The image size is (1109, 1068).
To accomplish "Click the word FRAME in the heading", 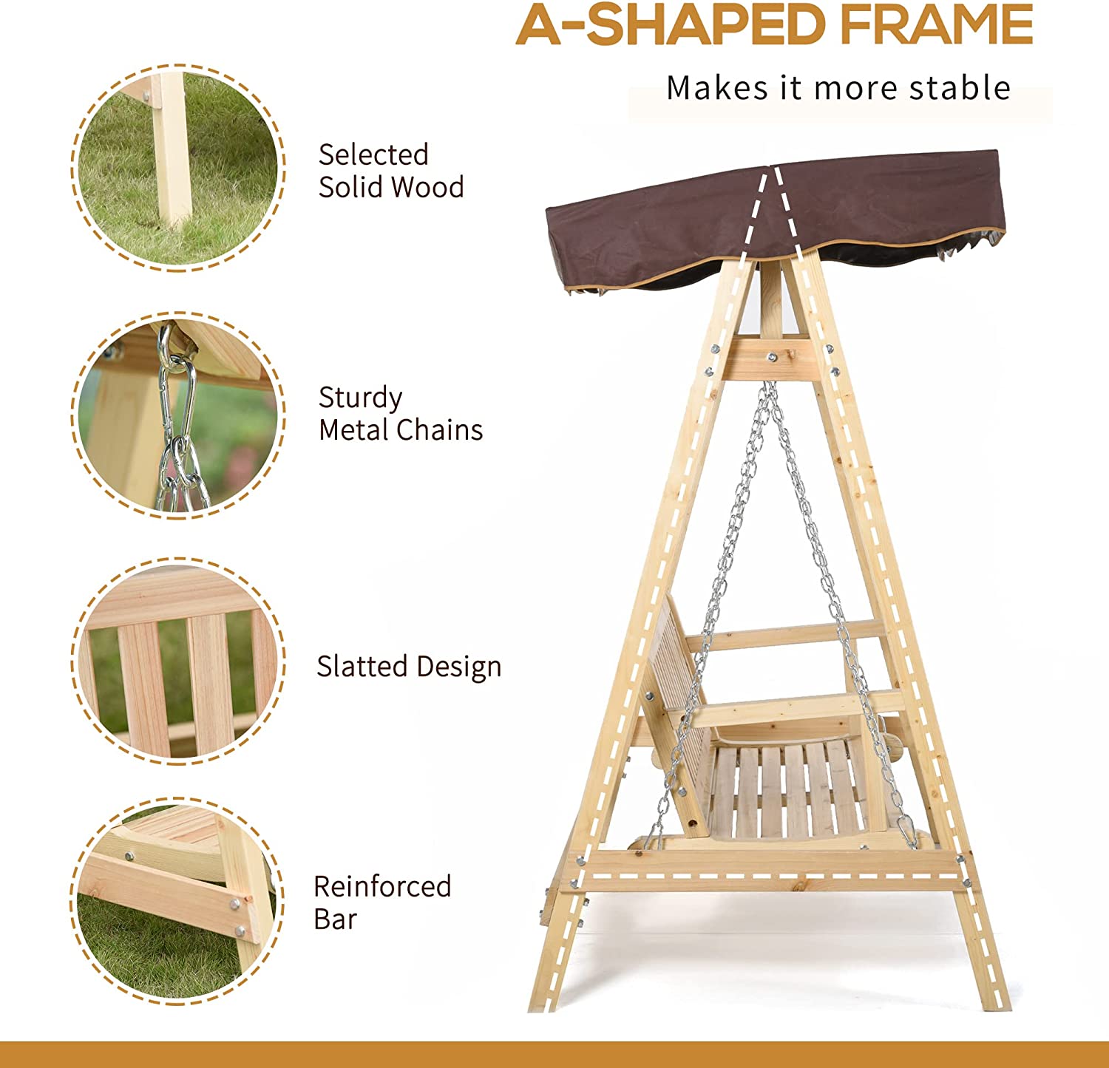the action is [x=936, y=24].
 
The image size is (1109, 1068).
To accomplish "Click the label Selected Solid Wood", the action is [x=391, y=171].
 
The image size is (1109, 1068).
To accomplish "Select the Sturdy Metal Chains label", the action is [x=401, y=414].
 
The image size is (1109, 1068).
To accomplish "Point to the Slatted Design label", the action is [x=409, y=667].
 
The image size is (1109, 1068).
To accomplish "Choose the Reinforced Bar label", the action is [x=382, y=902].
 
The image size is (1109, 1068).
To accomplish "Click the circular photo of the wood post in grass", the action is [x=177, y=168].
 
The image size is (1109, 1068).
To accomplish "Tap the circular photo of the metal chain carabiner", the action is [x=177, y=415].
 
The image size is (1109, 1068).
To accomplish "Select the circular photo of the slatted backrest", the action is [x=177, y=661].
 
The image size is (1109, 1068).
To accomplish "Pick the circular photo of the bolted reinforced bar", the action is [x=177, y=901].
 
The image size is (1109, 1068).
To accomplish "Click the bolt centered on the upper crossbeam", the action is [x=772, y=357].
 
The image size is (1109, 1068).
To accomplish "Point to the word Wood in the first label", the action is [x=428, y=187].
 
